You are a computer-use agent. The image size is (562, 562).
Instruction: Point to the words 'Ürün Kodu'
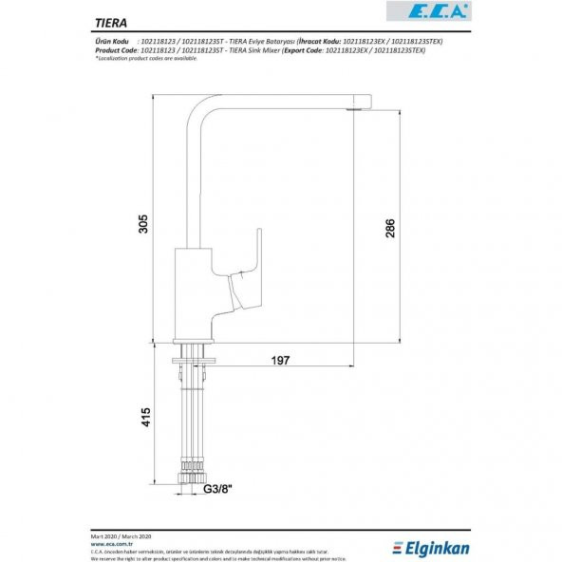coord(111,43)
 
